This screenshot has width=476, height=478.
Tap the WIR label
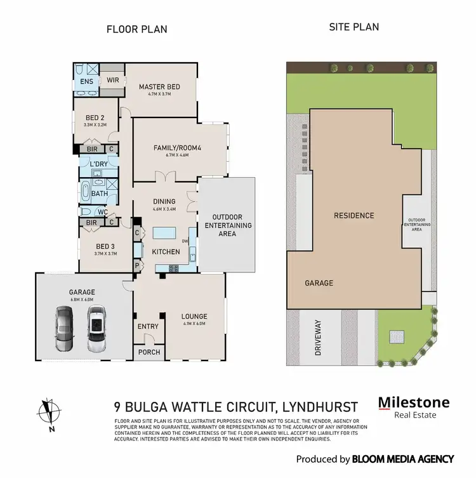pyautogui.click(x=113, y=81)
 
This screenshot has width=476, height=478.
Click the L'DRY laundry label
pyautogui.click(x=99, y=164)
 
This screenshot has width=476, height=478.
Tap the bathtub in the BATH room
pyautogui.click(x=86, y=191)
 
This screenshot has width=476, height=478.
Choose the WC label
pyautogui.click(x=101, y=212)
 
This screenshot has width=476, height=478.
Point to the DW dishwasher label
pyautogui.click(x=185, y=242)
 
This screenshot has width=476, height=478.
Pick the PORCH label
pyautogui.click(x=149, y=352)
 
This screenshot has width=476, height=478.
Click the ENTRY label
pyautogui.click(x=148, y=326)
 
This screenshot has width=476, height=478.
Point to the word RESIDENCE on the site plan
pyautogui.click(x=354, y=215)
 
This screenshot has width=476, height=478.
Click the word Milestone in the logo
pyautogui.click(x=414, y=402)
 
